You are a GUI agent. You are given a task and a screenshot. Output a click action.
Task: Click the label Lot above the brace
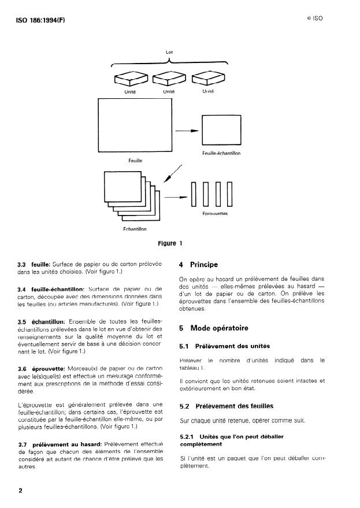169,53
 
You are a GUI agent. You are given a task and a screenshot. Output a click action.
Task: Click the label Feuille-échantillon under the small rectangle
221,153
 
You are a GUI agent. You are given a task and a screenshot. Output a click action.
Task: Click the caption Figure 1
176,243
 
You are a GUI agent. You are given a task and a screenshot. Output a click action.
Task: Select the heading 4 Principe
199,265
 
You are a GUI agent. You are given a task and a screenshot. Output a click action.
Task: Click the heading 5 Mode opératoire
213,328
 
